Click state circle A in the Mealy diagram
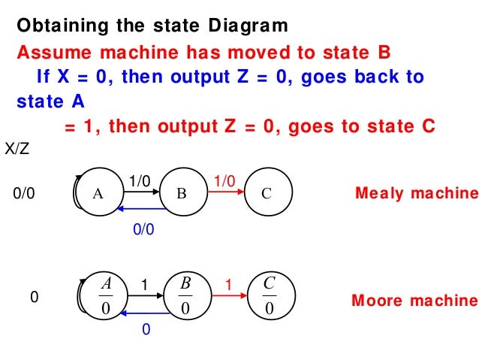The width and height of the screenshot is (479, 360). click(x=98, y=193)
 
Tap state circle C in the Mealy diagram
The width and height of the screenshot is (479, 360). click(x=267, y=193)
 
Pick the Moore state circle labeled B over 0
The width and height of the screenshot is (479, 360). click(x=184, y=296)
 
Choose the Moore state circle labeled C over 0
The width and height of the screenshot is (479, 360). click(x=268, y=296)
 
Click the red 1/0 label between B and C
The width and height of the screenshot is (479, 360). click(x=224, y=180)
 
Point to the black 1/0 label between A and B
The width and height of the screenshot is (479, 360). click(x=139, y=180)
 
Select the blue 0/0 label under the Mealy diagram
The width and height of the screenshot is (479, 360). click(x=143, y=231)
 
